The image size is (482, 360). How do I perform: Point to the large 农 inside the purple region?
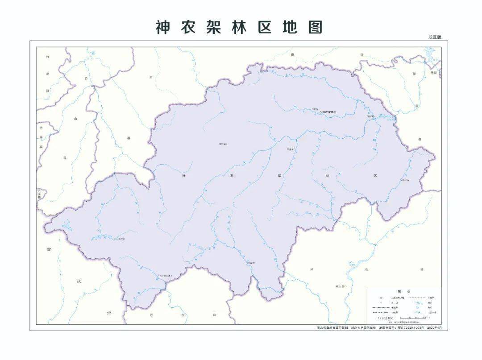coord(232,176)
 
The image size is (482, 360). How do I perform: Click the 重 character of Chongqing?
coord(50,251)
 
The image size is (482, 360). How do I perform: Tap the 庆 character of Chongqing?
coord(79,281)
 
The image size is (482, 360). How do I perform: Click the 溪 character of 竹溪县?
coord(47,74)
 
